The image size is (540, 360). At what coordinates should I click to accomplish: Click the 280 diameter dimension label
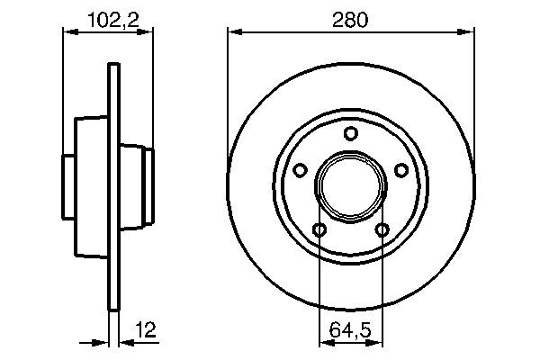350,19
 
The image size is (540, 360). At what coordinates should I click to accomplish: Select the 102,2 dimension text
108,19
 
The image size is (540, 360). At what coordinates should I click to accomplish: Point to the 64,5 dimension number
350,329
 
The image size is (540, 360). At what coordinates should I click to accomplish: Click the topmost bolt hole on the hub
350,135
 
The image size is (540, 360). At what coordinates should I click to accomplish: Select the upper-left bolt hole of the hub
301,168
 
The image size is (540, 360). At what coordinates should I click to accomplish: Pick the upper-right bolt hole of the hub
400,168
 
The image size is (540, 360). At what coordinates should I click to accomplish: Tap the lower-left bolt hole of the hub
319,229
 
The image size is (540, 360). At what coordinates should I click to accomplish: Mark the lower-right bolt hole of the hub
382,229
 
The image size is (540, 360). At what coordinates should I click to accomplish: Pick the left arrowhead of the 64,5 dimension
324,342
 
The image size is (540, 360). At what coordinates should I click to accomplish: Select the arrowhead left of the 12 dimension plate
103,342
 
